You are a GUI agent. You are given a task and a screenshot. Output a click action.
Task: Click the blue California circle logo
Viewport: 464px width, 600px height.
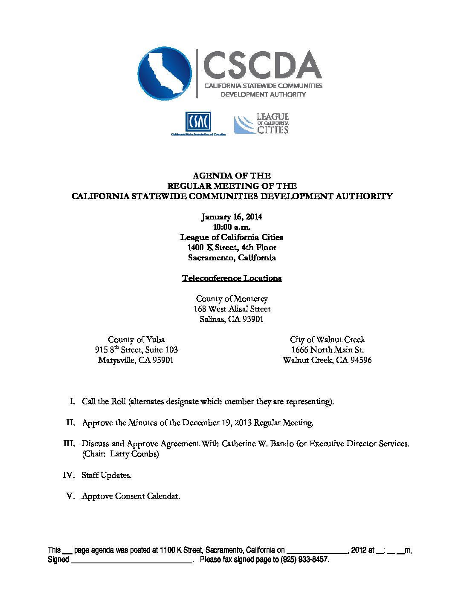click(x=165, y=73)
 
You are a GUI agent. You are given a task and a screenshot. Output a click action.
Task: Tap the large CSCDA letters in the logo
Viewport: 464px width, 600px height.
click(x=262, y=65)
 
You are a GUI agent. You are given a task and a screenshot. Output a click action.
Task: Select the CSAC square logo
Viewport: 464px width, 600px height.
click(x=197, y=122)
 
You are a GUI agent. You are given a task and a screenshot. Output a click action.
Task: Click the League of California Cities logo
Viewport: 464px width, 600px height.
click(x=261, y=124)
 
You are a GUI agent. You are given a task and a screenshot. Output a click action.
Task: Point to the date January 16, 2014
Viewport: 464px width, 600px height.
click(x=232, y=217)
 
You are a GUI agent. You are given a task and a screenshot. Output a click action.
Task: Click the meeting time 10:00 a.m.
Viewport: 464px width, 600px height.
click(x=232, y=227)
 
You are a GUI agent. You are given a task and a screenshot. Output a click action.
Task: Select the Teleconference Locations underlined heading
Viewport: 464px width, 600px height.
click(x=232, y=278)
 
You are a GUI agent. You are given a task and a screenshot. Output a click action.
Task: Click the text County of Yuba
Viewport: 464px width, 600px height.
click(x=136, y=340)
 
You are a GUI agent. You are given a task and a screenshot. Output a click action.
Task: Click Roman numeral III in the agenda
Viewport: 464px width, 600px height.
click(x=69, y=444)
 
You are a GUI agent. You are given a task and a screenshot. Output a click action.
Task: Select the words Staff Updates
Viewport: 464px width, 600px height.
click(x=106, y=475)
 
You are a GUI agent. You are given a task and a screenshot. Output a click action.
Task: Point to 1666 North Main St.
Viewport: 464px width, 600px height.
click(x=327, y=350)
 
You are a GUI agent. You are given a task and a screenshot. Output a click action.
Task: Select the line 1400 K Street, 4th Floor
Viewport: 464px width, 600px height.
click(x=232, y=248)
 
